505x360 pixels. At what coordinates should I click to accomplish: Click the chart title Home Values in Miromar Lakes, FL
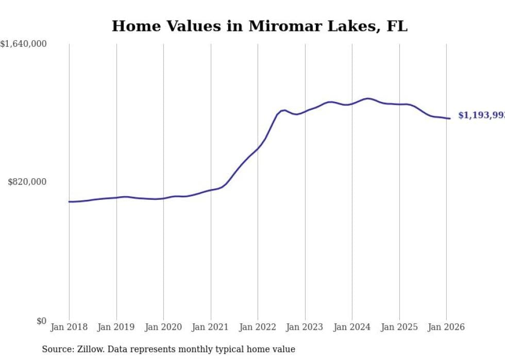tap(259, 26)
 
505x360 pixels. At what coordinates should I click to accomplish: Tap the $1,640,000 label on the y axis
tap(24, 44)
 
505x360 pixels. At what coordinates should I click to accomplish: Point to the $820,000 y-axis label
tap(27, 182)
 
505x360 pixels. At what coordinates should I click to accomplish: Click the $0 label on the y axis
tap(41, 321)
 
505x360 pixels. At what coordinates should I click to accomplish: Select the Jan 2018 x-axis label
tap(69, 327)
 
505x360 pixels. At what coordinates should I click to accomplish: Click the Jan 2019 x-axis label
tap(116, 327)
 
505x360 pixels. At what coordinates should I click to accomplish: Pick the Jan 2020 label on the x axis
tap(163, 327)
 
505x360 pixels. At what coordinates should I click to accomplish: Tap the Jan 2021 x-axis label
tap(211, 327)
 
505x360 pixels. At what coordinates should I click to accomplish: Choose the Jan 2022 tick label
tap(258, 327)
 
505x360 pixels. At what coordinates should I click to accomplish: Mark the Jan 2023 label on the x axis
tap(305, 327)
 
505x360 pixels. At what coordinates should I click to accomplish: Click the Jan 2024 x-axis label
tap(352, 327)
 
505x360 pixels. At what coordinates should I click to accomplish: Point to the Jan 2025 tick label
tap(399, 327)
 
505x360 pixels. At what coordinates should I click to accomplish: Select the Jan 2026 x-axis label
tap(446, 327)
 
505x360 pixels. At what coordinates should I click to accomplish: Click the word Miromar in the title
tap(281, 26)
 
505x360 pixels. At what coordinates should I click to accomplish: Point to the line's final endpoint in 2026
tap(450, 118)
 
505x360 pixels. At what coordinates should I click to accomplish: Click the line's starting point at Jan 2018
tap(69, 201)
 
